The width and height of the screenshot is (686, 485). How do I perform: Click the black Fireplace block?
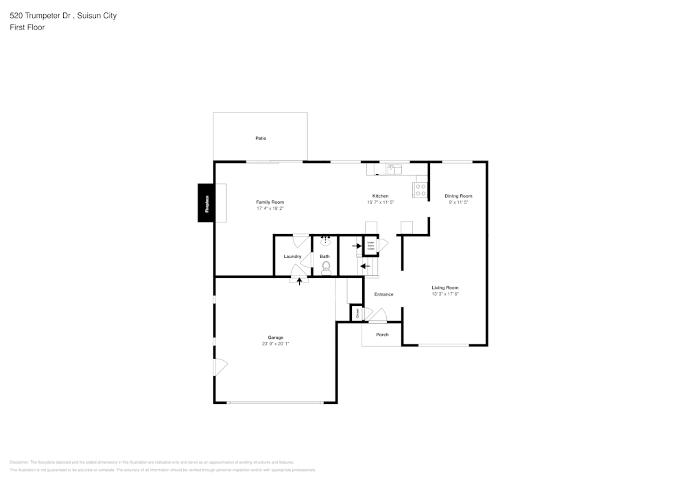pos(206,203)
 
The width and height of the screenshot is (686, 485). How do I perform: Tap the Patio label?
pos(261,139)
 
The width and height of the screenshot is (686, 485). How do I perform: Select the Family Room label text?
pos(270,202)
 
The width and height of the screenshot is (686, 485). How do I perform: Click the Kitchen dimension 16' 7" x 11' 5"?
pos(380,202)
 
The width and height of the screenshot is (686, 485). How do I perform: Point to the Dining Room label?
pos(458,196)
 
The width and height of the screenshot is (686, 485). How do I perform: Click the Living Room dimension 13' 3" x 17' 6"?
pos(445,294)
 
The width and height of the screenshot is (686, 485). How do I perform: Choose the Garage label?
pos(275,338)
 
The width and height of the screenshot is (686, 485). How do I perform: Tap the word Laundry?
pos(292,257)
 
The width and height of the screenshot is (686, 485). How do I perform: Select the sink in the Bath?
pos(326,241)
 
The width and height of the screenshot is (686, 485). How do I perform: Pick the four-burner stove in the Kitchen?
pos(421,190)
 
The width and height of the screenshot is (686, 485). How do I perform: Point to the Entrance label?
pos(383,294)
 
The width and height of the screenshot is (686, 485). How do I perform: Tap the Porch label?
pos(382,335)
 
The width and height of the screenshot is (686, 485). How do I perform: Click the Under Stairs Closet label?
pos(370,245)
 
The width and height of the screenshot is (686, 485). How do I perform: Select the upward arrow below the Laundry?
pos(299,281)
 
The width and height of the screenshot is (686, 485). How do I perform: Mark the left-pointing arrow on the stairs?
pos(365,266)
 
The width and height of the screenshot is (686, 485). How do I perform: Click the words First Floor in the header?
pos(27,27)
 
